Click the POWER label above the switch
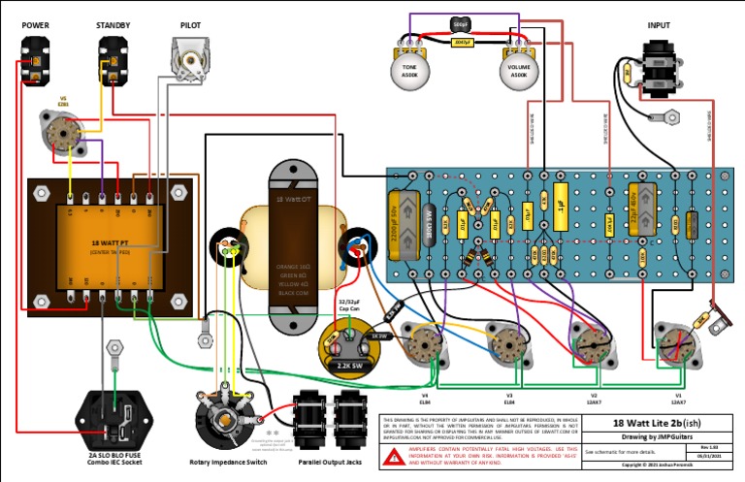coord(36,25)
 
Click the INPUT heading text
coord(660,25)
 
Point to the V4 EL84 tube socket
coord(425,345)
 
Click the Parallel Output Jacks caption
coord(327,462)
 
